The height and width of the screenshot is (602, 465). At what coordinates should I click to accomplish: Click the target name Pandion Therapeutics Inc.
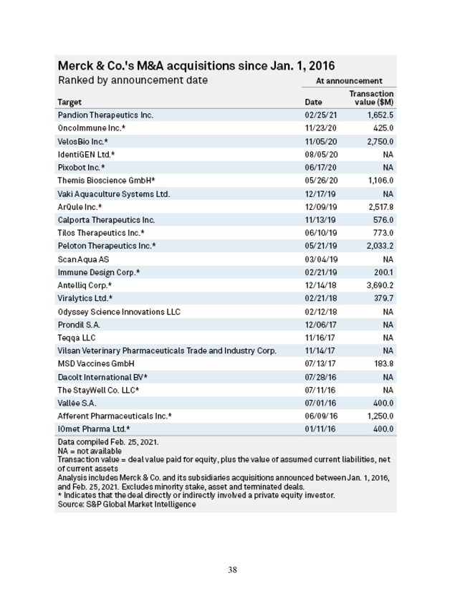tap(105, 115)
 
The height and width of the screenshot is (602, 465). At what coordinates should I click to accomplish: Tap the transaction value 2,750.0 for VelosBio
tap(380, 141)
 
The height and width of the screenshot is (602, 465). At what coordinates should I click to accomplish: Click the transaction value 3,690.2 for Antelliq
tap(380, 285)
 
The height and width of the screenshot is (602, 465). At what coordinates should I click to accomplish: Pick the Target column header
tap(69, 102)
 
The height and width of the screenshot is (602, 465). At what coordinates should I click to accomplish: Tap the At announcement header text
tap(349, 81)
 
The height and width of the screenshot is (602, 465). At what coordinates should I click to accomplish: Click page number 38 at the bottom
tap(232, 570)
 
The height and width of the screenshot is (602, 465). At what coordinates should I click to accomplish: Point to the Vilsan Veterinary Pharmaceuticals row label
tap(167, 350)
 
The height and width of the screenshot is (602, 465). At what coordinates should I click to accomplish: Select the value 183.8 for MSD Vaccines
tap(383, 364)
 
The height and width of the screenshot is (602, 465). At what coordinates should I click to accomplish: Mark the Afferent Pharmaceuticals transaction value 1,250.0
tap(380, 416)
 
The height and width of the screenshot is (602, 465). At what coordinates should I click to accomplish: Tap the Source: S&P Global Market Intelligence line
tap(127, 505)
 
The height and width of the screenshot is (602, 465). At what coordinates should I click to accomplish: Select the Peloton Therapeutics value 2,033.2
tap(380, 246)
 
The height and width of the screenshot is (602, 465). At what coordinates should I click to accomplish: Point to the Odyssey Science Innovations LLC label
tap(119, 312)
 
